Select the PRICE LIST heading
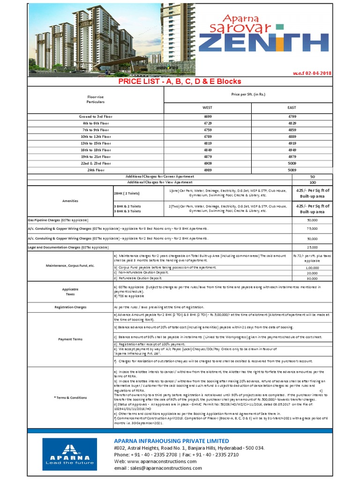(180, 81)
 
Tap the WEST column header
(207, 107)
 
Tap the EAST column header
(292, 107)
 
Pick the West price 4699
(207, 116)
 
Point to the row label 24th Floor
(95, 170)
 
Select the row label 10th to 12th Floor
(95, 136)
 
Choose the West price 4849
(207, 150)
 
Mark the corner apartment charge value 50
(312, 176)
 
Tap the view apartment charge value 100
(312, 182)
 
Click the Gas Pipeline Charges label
(58, 220)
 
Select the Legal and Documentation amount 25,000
(312, 247)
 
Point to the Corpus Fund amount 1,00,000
(312, 268)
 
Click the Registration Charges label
(70, 307)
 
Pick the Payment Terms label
(70, 338)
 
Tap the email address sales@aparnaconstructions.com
(158, 468)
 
